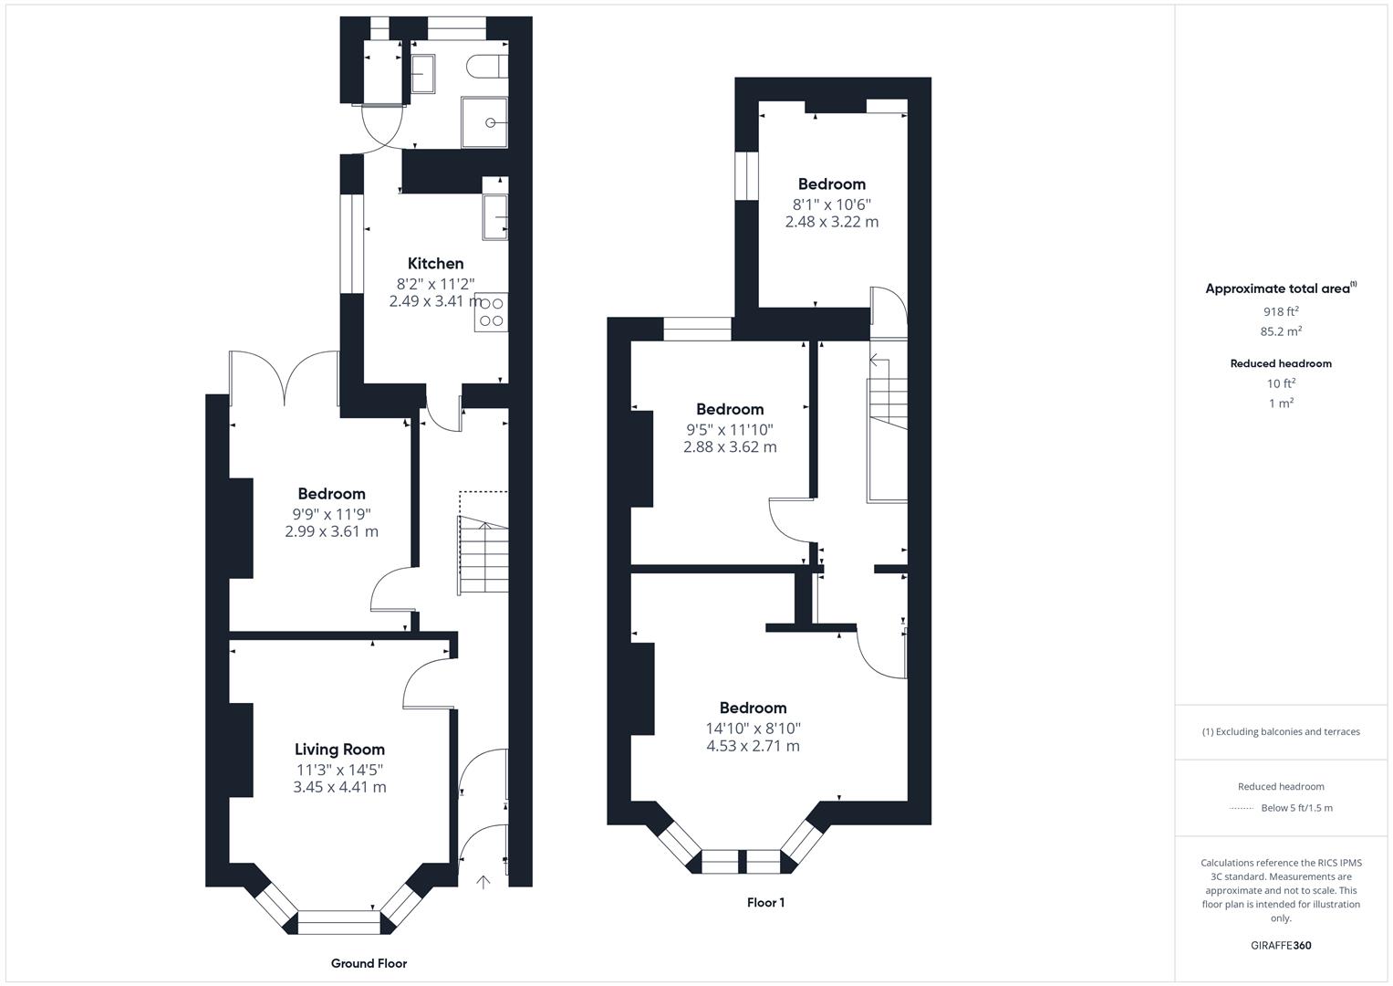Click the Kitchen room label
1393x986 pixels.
pyautogui.click(x=435, y=263)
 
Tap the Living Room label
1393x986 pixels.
pyautogui.click(x=339, y=750)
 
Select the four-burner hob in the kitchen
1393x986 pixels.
pyautogui.click(x=492, y=312)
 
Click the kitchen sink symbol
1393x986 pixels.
pyautogui.click(x=495, y=216)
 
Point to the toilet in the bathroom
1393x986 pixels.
pyautogui.click(x=487, y=67)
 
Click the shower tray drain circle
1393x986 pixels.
pyautogui.click(x=491, y=122)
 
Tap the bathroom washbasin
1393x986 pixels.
pyautogui.click(x=423, y=74)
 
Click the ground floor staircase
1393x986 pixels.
pyautogui.click(x=483, y=555)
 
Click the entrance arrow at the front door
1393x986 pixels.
pyautogui.click(x=483, y=881)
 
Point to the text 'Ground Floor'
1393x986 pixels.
pyautogui.click(x=369, y=963)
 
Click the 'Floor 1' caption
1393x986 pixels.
pyautogui.click(x=765, y=903)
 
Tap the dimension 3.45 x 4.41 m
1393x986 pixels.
pyautogui.click(x=339, y=787)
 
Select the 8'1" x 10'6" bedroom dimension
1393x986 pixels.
pyautogui.click(x=831, y=205)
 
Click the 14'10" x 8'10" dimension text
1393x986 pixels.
pyautogui.click(x=754, y=729)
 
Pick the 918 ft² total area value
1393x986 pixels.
pyautogui.click(x=1281, y=311)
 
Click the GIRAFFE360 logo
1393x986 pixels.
pyautogui.click(x=1281, y=945)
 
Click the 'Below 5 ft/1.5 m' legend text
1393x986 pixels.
pyautogui.click(x=1296, y=808)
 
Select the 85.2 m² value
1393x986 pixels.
pyautogui.click(x=1281, y=331)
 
